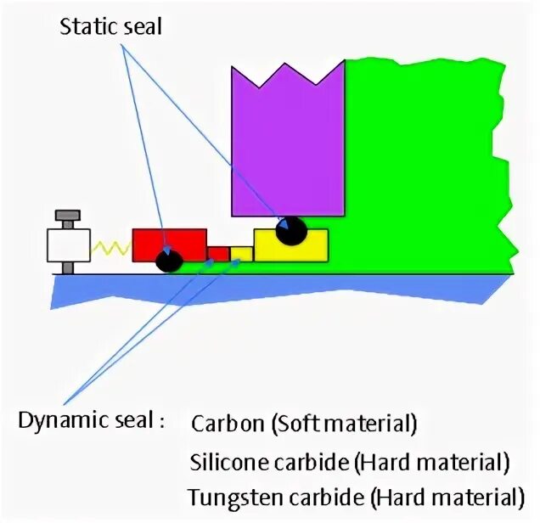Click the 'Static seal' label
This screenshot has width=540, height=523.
tap(110, 26)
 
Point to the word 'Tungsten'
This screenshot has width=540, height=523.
tap(227, 496)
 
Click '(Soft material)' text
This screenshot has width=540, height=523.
tap(345, 422)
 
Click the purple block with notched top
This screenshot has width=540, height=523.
tap(288, 144)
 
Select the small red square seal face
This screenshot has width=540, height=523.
tap(218, 254)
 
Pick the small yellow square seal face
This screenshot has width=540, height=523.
tap(241, 254)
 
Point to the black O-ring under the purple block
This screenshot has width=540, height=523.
tap(291, 230)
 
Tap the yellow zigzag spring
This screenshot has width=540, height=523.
tap(110, 248)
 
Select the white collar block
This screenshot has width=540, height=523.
tap(69, 245)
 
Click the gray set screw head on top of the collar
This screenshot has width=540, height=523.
tap(67, 216)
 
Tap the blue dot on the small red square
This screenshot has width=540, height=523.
tap(211, 264)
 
